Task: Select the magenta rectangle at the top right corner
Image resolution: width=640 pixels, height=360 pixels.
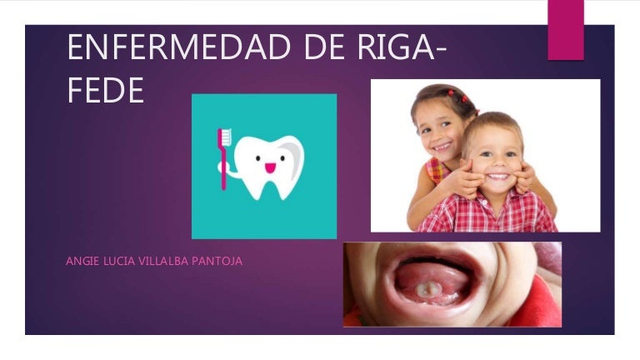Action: pos(565,29)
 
